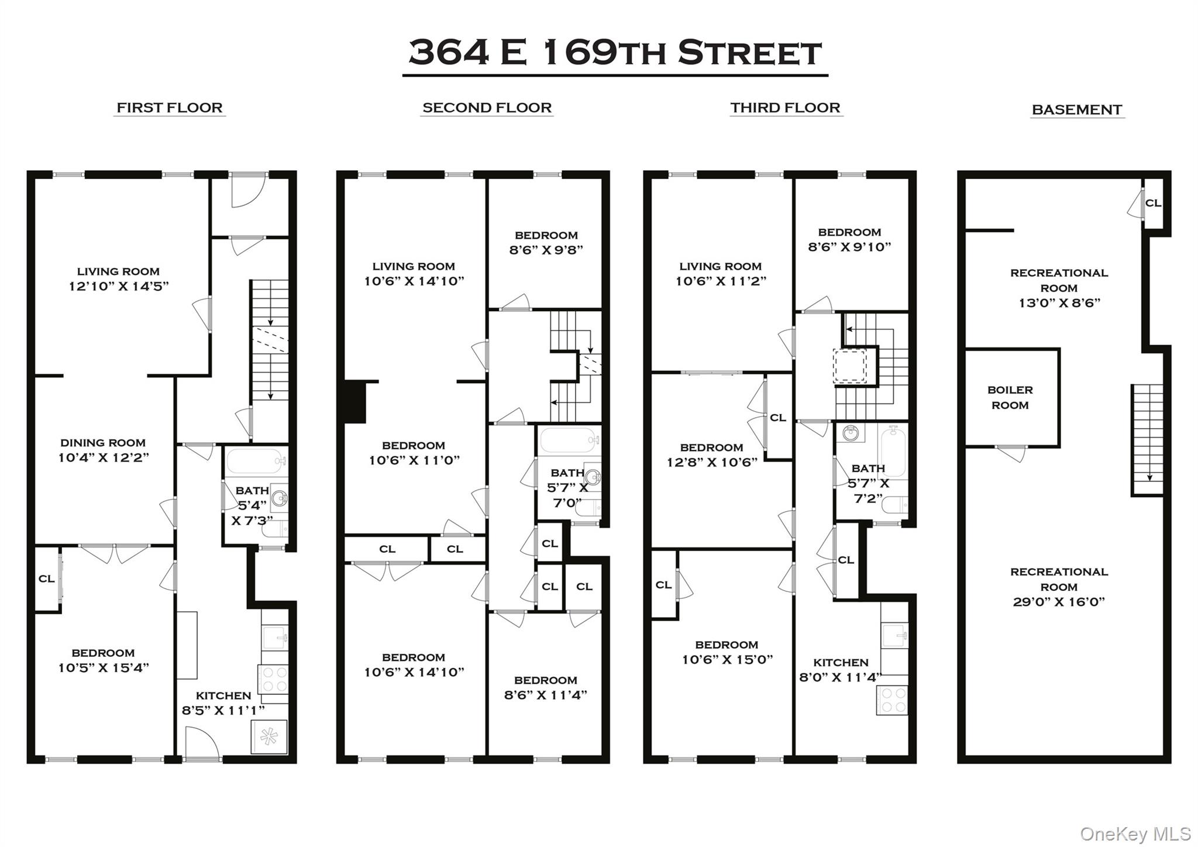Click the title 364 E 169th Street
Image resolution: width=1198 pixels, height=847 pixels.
click(x=615, y=53)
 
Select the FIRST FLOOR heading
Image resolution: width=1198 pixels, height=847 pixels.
click(x=170, y=108)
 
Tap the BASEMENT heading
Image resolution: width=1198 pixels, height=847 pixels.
click(x=1077, y=109)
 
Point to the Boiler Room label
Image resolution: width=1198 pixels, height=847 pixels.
click(x=1010, y=398)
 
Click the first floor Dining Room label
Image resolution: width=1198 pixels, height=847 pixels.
click(x=103, y=443)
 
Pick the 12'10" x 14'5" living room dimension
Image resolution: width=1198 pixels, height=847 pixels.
click(x=119, y=286)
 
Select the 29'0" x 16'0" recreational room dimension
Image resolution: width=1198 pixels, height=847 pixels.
click(x=1059, y=602)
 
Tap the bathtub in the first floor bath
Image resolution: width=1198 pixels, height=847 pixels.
click(x=255, y=462)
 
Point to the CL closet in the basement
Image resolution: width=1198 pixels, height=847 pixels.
click(x=1153, y=203)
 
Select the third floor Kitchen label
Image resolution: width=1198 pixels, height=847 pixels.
click(x=841, y=662)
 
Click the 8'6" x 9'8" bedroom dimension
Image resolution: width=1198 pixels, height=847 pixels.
click(x=546, y=250)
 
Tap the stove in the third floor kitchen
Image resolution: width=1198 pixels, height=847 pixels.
click(x=892, y=700)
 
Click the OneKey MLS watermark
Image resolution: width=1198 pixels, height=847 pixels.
click(x=1135, y=833)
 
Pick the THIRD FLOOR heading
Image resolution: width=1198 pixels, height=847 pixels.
click(x=785, y=108)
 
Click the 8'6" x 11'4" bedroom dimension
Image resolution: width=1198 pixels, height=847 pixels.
click(x=545, y=695)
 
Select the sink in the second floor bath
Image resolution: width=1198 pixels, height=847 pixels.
click(x=593, y=477)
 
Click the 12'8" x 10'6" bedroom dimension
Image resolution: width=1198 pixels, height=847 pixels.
click(x=712, y=462)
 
